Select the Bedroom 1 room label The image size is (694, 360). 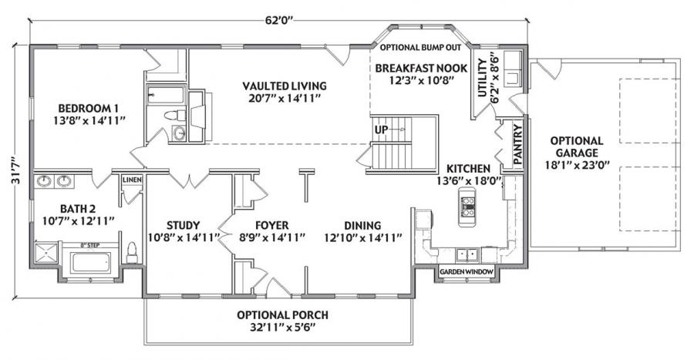click(90, 114)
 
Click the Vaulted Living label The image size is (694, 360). click(284, 92)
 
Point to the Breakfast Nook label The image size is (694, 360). click(421, 74)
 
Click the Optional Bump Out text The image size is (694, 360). click(420, 47)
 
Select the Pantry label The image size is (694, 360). click(518, 143)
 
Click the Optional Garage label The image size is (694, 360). click(577, 153)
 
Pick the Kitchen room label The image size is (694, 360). click(468, 174)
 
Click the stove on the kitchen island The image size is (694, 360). click(468, 207)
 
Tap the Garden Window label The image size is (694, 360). click(466, 272)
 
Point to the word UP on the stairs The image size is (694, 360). click(381, 130)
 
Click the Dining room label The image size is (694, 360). click(363, 231)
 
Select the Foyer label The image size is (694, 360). click(272, 231)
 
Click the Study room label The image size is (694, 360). click(184, 231)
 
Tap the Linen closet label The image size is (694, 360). click(132, 180)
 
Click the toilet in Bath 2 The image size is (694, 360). click(131, 254)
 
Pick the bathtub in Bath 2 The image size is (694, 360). click(92, 263)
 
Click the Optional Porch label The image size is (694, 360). click(282, 321)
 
